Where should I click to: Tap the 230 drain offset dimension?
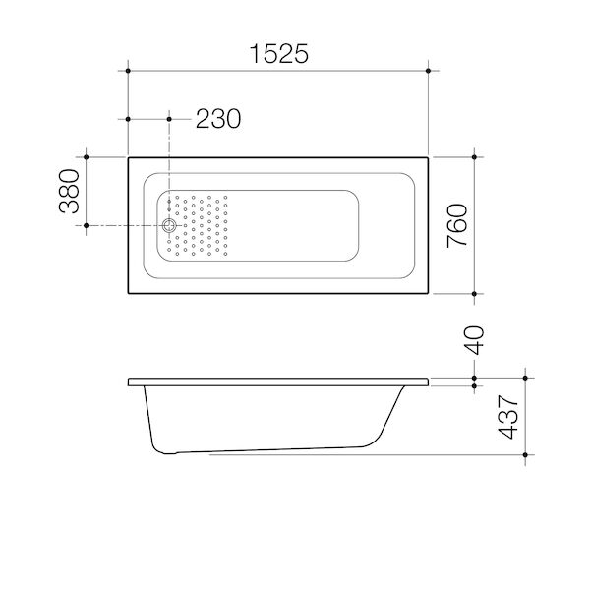(217, 119)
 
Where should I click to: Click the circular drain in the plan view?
(170, 226)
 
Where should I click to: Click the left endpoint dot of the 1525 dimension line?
(128, 71)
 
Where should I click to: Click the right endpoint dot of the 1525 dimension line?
(428, 71)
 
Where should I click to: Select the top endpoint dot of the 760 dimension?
(476, 156)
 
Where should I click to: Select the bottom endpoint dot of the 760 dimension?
(476, 295)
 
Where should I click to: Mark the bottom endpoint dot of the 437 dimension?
(529, 455)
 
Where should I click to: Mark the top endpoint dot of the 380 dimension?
(88, 156)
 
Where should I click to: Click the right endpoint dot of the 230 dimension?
(170, 119)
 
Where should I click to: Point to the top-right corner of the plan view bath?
(428, 156)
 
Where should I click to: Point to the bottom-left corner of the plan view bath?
(128, 295)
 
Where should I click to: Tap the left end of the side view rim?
(131, 382)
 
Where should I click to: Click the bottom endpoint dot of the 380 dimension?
(88, 226)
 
